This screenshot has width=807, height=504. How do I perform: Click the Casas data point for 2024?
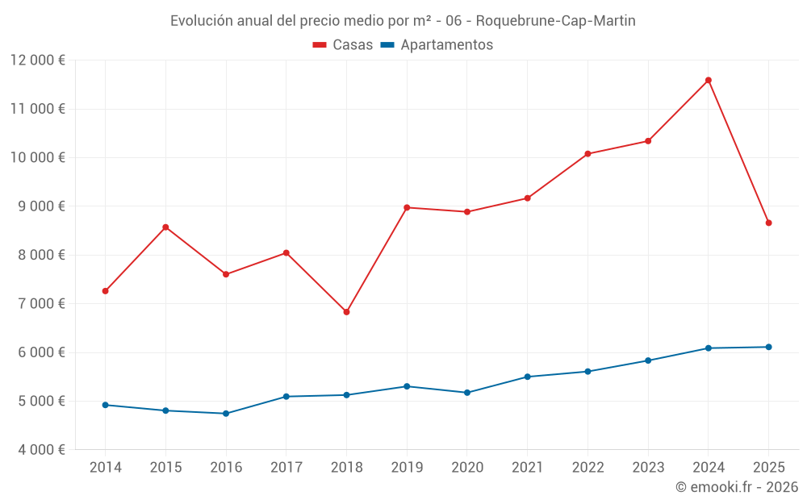tap(708, 80)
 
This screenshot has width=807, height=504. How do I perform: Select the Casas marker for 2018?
tap(346, 312)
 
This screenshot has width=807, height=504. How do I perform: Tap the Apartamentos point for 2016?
tap(226, 414)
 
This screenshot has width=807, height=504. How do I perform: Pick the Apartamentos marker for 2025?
tap(768, 347)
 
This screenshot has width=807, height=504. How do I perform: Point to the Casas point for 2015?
tap(165, 227)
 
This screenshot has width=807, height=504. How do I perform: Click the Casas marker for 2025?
tap(768, 223)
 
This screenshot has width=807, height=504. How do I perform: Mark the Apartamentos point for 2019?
tap(407, 386)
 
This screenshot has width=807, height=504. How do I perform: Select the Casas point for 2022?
tap(587, 153)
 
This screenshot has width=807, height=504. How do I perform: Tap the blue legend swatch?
tap(387, 45)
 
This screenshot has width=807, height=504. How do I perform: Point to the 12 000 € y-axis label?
tap(38, 60)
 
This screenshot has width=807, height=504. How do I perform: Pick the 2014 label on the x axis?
tap(105, 468)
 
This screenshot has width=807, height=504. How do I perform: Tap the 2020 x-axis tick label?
tap(466, 468)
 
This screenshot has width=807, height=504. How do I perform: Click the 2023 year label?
tap(647, 468)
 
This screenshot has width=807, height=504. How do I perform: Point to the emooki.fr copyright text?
tap(737, 487)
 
